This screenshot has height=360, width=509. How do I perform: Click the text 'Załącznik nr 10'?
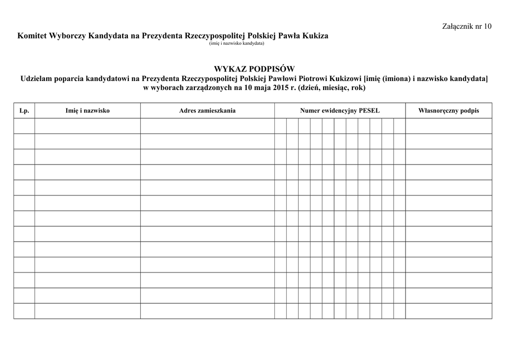coord(467,26)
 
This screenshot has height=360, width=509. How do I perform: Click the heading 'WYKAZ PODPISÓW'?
coord(254,69)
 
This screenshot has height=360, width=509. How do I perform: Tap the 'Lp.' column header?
coord(24,110)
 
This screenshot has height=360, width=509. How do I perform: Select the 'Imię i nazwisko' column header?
coord(87,110)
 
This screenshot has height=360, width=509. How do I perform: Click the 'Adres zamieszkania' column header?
coord(207,110)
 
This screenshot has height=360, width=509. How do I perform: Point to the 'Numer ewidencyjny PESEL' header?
coord(339,110)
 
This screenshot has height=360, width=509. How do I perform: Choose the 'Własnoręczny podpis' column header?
coord(448,110)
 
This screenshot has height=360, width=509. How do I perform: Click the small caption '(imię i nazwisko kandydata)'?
coord(237,43)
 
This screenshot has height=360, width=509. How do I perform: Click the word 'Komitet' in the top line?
coord(31,36)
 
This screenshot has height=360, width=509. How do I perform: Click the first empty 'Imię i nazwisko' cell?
coord(87,126)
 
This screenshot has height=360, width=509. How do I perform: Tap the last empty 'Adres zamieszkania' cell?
coord(207,311)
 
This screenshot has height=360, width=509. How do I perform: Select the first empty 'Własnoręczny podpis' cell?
coord(448,126)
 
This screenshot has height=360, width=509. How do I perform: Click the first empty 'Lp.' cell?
coord(24,126)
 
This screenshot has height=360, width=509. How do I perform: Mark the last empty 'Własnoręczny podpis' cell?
coord(448,311)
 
